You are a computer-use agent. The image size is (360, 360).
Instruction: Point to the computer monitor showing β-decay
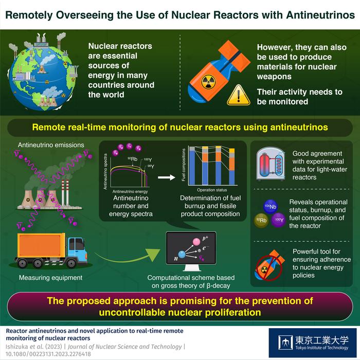[191, 252]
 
